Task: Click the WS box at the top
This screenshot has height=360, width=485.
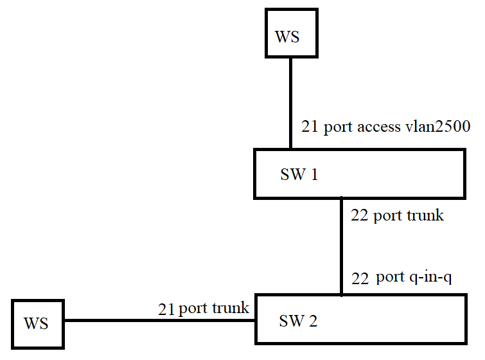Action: pos(292,33)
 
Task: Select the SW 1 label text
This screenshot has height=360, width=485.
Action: pos(299,175)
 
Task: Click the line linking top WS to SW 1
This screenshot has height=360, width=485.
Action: pos(290,103)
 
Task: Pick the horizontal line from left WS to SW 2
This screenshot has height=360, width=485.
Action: pos(161,320)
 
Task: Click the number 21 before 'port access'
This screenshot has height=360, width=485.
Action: pos(310,127)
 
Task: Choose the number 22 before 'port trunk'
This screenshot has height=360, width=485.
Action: pos(360,215)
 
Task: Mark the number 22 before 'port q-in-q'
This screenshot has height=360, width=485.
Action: pos(360,278)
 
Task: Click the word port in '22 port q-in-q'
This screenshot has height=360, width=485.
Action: pos(390,278)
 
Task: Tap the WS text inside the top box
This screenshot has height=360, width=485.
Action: pos(287,36)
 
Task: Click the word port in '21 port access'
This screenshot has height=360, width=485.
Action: pos(337,127)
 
